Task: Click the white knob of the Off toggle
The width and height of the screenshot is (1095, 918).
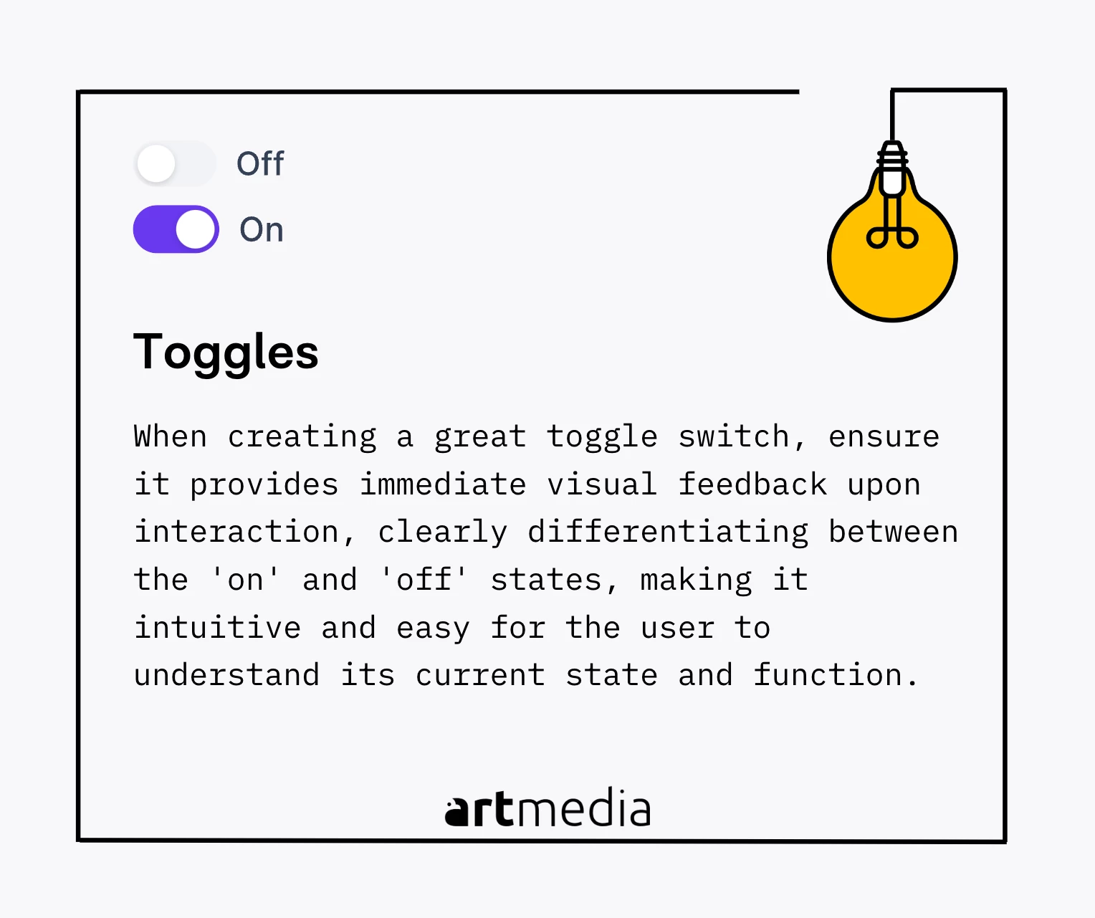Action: pyautogui.click(x=156, y=163)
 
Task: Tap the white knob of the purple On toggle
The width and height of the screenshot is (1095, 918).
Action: pyautogui.click(x=195, y=229)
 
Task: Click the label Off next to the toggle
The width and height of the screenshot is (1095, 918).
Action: pyautogui.click(x=260, y=163)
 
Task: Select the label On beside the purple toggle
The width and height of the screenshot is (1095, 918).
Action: pyautogui.click(x=261, y=229)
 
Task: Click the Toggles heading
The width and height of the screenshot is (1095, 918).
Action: pyautogui.click(x=226, y=353)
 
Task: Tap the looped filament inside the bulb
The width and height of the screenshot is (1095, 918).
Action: pyautogui.click(x=892, y=231)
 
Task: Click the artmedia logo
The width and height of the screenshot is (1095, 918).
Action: pyautogui.click(x=548, y=808)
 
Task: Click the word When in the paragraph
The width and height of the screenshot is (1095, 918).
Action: pyautogui.click(x=171, y=436)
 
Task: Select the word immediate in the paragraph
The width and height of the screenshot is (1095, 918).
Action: pyautogui.click(x=443, y=484)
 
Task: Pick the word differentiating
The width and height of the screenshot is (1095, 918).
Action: pyautogui.click(x=668, y=532)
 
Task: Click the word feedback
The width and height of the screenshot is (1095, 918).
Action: pyautogui.click(x=752, y=484)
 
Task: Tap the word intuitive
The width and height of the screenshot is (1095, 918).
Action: pyautogui.click(x=218, y=627)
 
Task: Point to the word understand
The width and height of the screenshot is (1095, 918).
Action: pyautogui.click(x=226, y=674)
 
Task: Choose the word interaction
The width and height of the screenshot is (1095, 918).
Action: pyautogui.click(x=244, y=532)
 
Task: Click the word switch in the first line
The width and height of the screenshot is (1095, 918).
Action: pyautogui.click(x=734, y=436)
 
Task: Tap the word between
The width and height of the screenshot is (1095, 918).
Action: pyautogui.click(x=893, y=532)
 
